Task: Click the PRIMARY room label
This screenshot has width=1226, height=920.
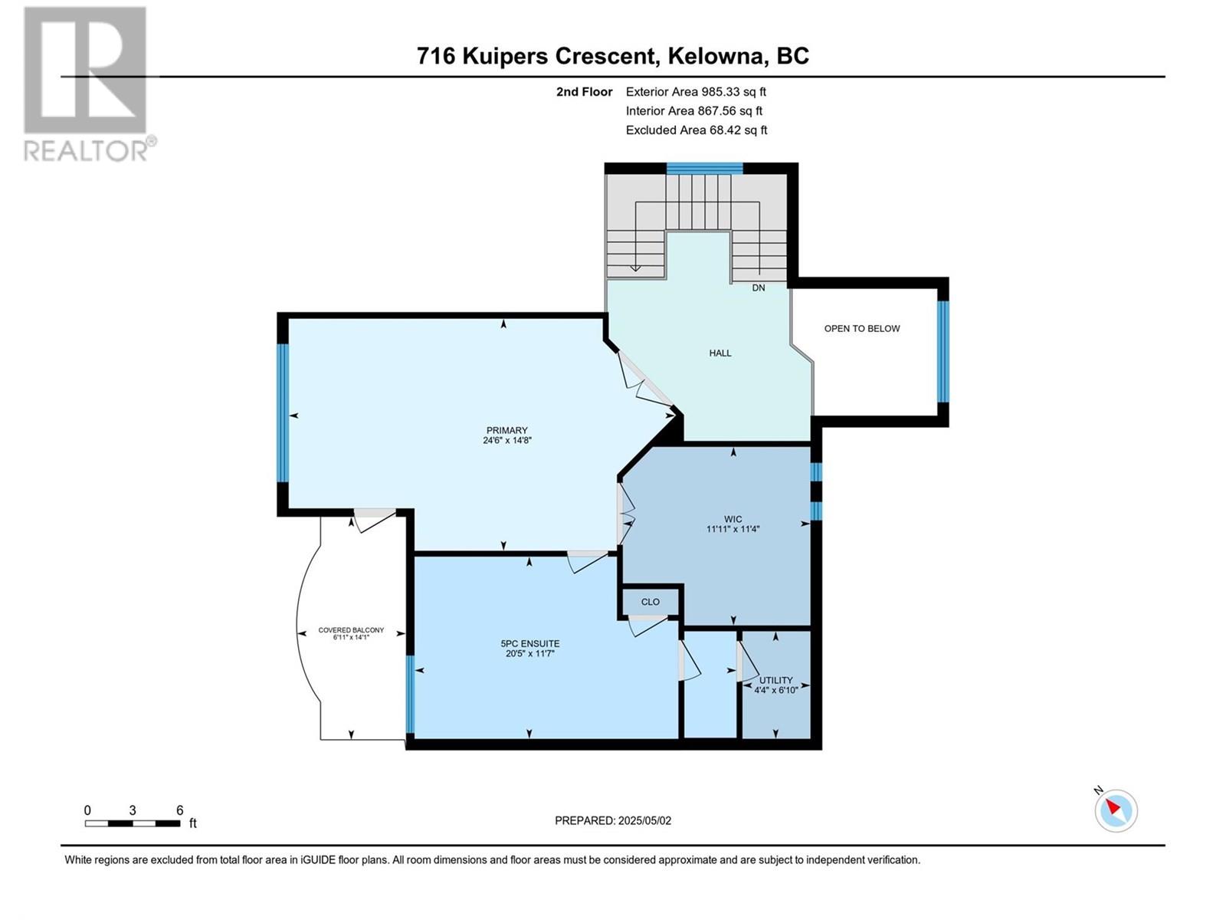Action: (x=506, y=430)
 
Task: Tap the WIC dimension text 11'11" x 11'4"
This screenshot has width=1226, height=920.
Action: (x=733, y=529)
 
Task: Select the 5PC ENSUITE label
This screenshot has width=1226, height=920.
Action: (x=530, y=643)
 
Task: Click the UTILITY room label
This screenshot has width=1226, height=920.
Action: (x=775, y=680)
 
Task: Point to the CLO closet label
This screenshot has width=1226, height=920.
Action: (x=650, y=602)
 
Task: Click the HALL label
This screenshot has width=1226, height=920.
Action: (x=720, y=353)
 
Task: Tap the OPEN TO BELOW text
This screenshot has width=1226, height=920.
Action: (x=861, y=328)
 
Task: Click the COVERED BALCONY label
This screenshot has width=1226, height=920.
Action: (x=351, y=631)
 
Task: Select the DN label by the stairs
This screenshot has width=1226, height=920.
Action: (x=758, y=288)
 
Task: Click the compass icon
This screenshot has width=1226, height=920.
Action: (x=1116, y=810)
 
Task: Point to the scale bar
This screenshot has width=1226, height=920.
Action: (x=132, y=823)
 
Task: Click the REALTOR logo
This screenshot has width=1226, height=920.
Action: (x=86, y=84)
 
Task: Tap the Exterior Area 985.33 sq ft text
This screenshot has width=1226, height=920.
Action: (x=696, y=91)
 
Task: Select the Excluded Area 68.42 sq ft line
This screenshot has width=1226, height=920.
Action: (x=696, y=130)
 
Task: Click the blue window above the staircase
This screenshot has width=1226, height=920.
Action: (x=704, y=169)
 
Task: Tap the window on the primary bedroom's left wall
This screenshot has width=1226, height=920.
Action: (x=282, y=412)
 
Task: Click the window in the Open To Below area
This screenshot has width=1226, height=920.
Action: (x=942, y=351)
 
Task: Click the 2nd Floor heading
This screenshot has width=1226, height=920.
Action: (x=584, y=92)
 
